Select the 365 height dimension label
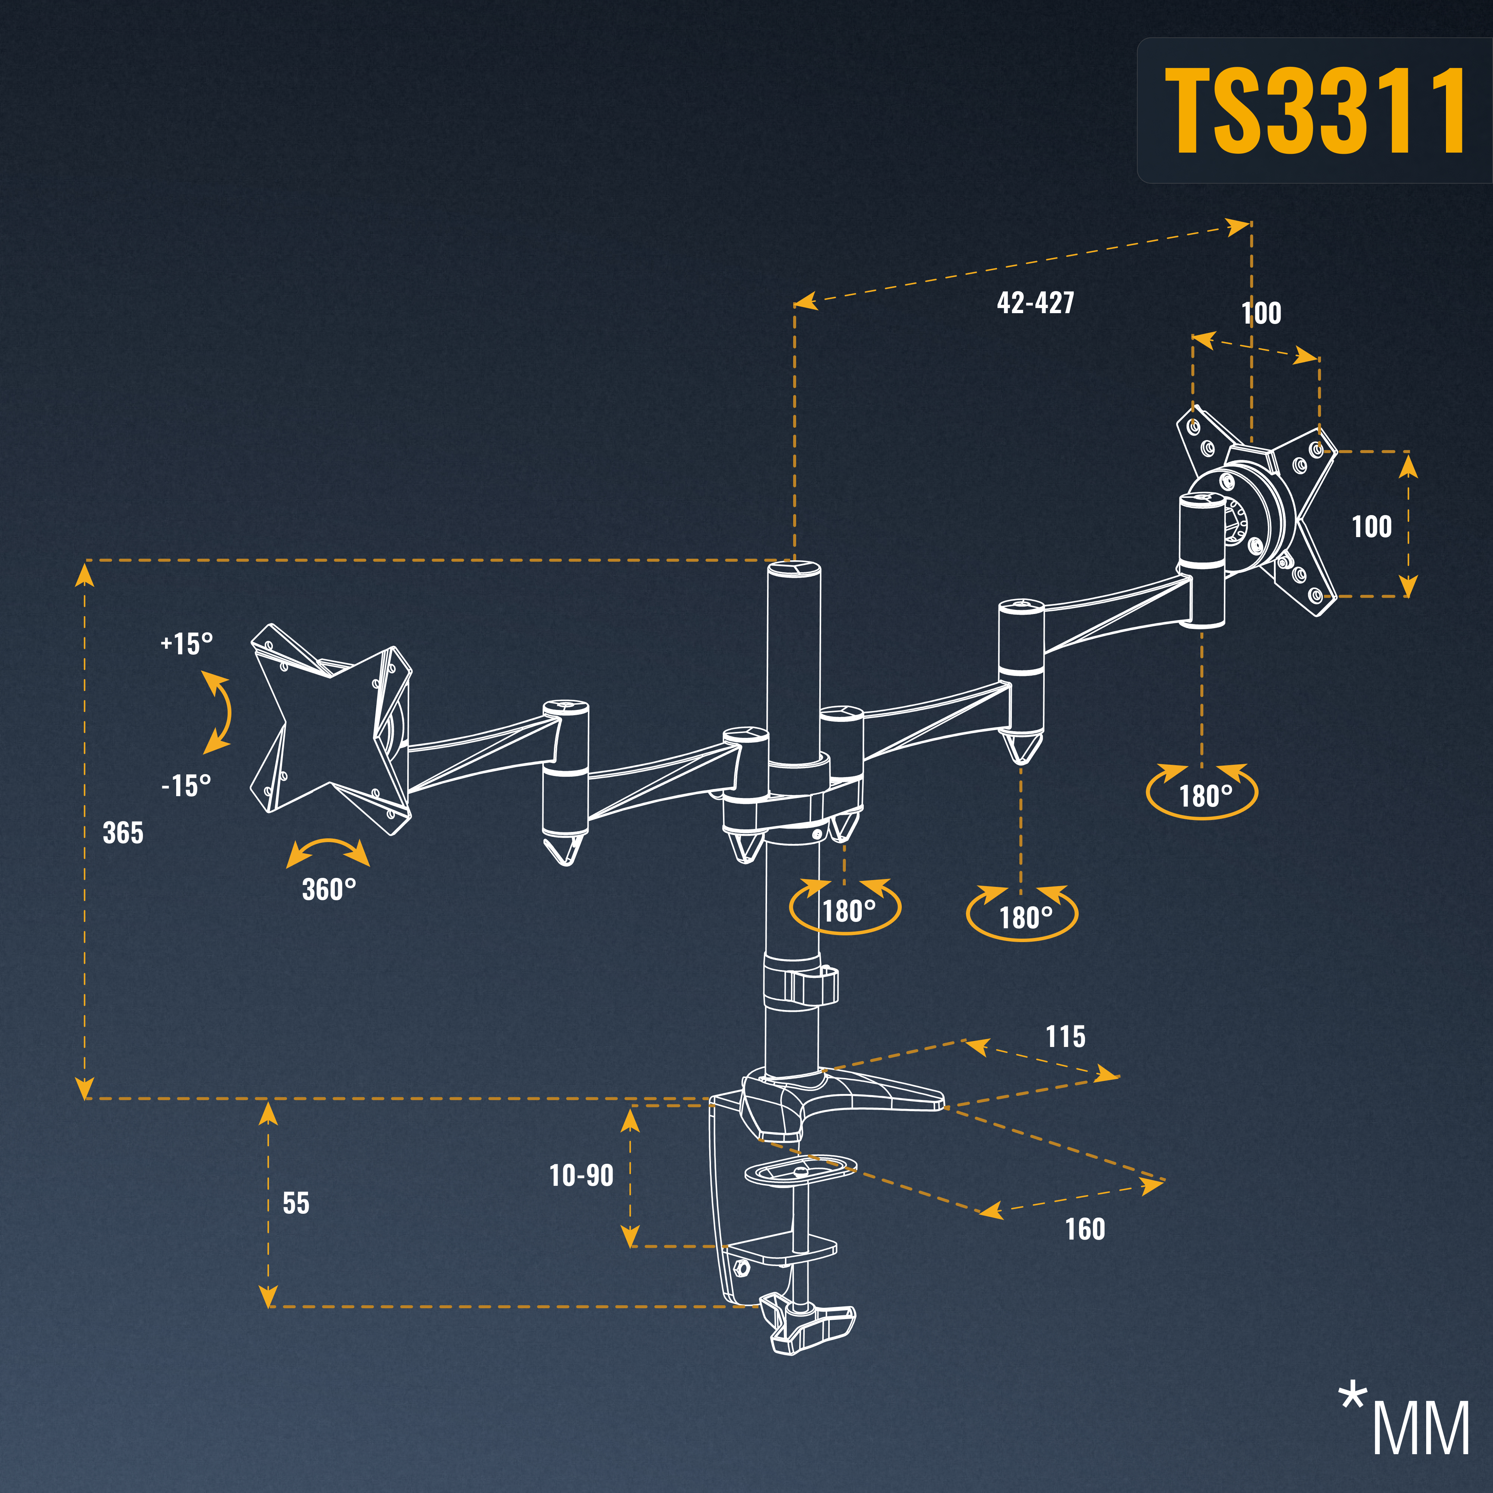[x=123, y=833]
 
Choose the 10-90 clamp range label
[x=581, y=1176]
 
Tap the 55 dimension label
[x=296, y=1203]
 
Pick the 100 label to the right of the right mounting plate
[x=1371, y=527]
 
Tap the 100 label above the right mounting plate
[x=1261, y=313]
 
